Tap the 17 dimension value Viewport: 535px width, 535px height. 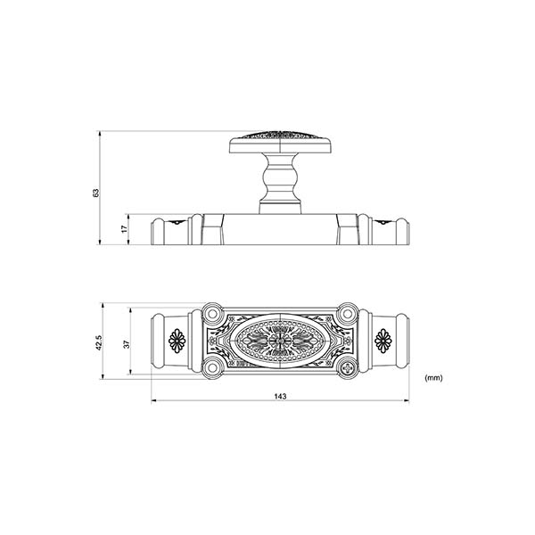pyautogui.click(x=124, y=229)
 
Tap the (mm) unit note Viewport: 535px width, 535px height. pyautogui.click(x=434, y=378)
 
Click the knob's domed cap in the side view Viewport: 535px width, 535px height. pyautogui.click(x=280, y=142)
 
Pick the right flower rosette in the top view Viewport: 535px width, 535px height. pyautogui.click(x=384, y=341)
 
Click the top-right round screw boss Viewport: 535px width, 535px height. pyautogui.click(x=349, y=314)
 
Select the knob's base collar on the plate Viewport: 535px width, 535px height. pyautogui.click(x=280, y=208)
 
